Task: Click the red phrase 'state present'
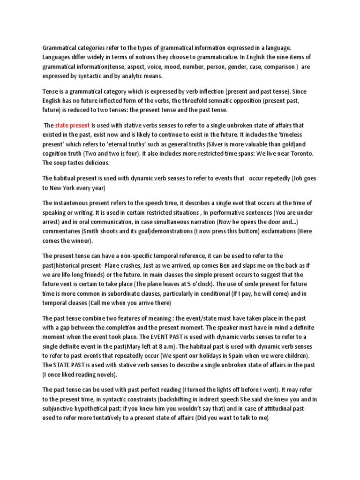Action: (x=72, y=125)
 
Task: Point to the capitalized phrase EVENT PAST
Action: (x=191, y=337)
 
